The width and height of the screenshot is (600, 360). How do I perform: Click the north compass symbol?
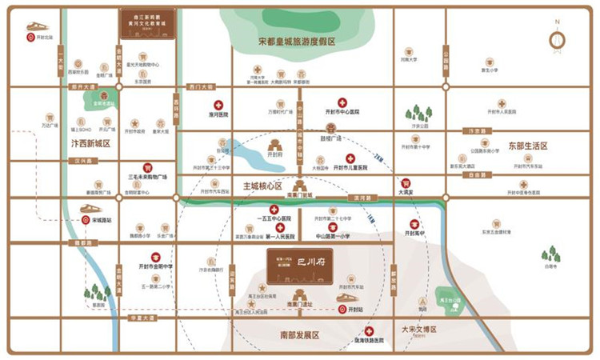tap(558, 39)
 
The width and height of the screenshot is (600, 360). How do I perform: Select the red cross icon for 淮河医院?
tap(218, 105)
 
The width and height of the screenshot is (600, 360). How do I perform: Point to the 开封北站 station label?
tap(42, 37)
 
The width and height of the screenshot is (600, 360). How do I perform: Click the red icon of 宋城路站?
tap(85, 219)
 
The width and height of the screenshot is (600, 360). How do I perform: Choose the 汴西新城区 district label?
tap(90, 143)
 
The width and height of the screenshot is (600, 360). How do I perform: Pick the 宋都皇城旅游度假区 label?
tap(296, 41)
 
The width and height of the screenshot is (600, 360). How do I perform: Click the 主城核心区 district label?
tap(263, 186)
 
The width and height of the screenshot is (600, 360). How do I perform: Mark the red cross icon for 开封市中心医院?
tap(342, 102)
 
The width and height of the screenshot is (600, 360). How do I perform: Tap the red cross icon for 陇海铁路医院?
tap(369, 330)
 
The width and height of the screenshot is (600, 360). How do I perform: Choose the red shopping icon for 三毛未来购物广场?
tap(147, 167)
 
